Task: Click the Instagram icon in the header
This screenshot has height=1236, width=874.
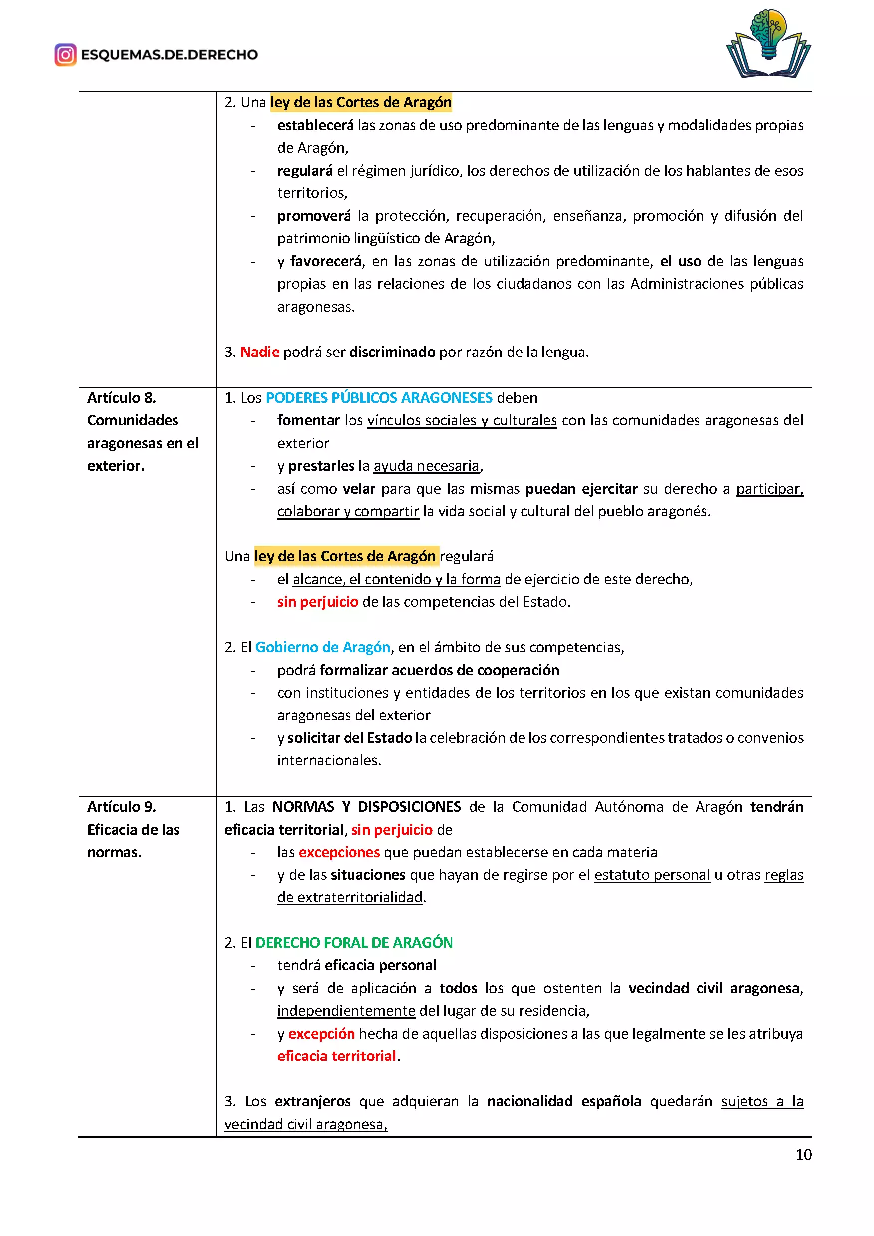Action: coord(65,55)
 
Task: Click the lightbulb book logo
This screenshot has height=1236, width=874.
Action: coord(768,44)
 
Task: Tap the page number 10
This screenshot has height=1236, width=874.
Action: coord(803,1155)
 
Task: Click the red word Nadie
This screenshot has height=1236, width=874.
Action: coord(259,352)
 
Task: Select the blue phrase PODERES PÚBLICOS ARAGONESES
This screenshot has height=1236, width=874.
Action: coord(379,398)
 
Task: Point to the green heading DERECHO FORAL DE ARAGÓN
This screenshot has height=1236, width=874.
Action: coord(353,943)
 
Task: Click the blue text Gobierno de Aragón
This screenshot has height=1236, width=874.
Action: coord(323,647)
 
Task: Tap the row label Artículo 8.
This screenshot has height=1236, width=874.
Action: coord(122,398)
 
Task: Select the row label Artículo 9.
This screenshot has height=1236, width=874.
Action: coord(122,806)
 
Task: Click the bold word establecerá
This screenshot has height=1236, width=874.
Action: coord(316,126)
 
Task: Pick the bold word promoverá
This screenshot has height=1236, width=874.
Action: coord(314,216)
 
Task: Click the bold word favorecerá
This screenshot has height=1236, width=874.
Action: coord(326,262)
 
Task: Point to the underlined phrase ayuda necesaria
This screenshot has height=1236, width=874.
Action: coord(426,466)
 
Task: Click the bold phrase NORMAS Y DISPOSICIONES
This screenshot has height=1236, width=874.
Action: coord(366,806)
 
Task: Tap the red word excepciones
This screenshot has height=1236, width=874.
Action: coord(339,852)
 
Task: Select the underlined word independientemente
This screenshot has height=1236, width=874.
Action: coord(346,1011)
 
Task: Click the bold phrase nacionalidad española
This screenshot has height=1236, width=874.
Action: coord(563,1101)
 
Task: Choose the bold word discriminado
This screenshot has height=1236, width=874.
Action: coord(392,352)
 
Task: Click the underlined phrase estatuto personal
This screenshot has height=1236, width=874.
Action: coord(652,875)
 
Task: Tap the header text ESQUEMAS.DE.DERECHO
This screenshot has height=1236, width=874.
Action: coord(169,55)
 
